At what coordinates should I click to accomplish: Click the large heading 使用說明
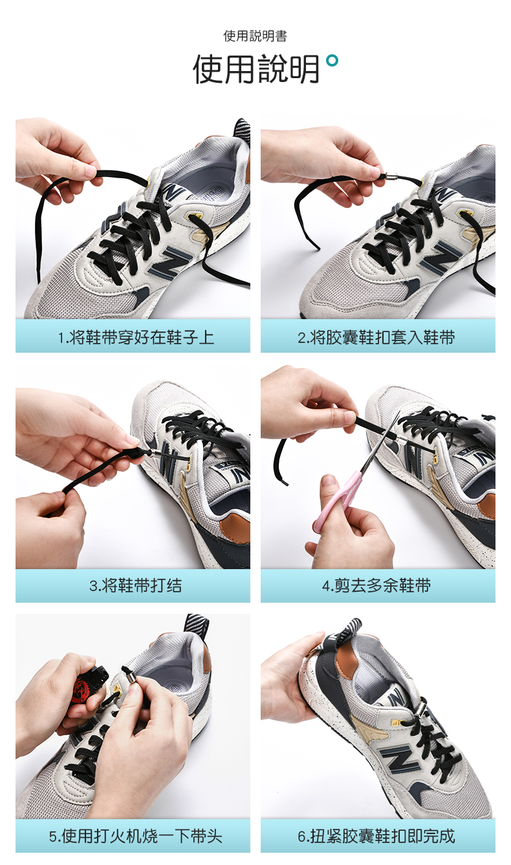(256, 69)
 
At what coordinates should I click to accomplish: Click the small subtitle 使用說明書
(255, 36)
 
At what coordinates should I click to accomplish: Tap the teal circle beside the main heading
(332, 60)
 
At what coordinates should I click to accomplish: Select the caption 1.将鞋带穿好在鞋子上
(136, 337)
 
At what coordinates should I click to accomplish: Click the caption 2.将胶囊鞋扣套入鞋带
(376, 337)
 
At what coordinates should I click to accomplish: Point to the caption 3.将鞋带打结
(135, 585)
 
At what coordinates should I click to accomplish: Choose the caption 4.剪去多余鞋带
(376, 585)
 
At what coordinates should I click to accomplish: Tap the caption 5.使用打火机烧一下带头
(135, 836)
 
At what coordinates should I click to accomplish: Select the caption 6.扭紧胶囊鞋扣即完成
(376, 836)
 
